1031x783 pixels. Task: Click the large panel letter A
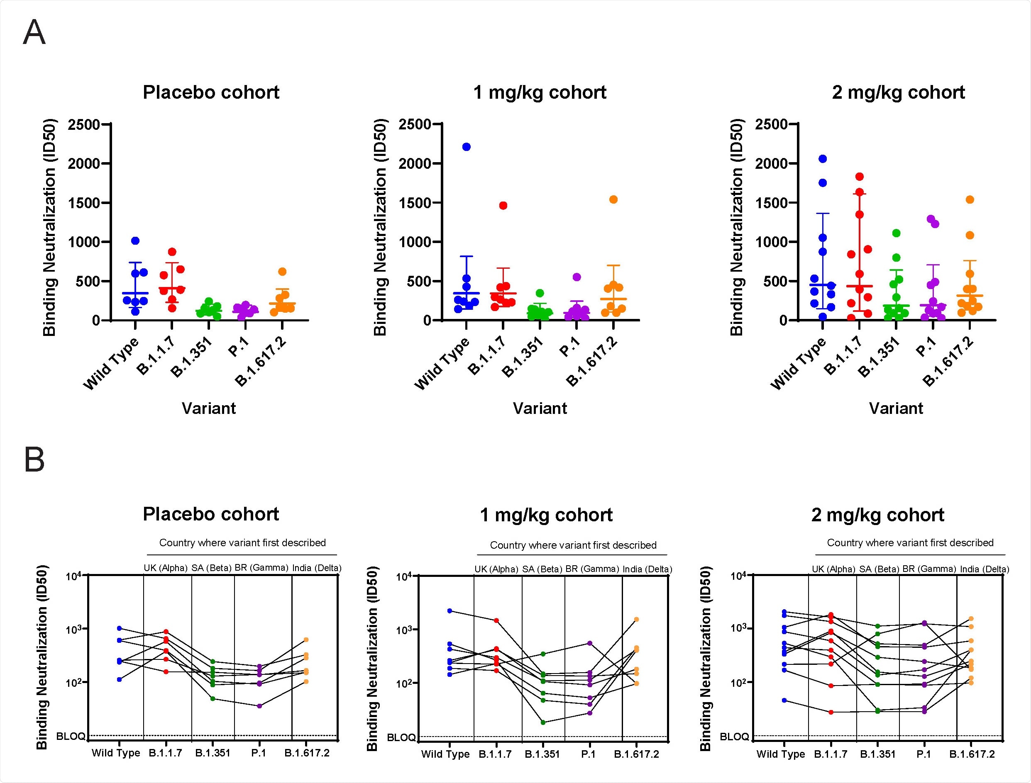[x=34, y=33]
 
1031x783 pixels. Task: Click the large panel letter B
[x=34, y=460]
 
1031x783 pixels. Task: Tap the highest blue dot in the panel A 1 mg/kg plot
[x=466, y=147]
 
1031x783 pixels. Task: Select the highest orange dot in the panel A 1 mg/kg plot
[x=613, y=199]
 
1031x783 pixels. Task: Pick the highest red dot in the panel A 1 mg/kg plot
[x=503, y=206]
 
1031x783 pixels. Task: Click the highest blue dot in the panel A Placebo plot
[x=135, y=241]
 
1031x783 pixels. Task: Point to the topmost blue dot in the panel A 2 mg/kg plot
[x=823, y=159]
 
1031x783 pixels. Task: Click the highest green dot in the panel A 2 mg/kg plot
[x=896, y=233]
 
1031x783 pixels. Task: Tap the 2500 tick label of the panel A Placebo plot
[x=83, y=125]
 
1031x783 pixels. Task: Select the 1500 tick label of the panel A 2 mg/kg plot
[x=771, y=203]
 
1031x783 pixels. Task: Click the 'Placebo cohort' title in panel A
[x=211, y=92]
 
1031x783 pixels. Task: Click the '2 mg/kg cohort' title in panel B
[x=877, y=515]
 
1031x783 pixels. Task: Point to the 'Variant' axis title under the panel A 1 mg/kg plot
[x=540, y=408]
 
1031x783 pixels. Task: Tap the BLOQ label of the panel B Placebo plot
[x=70, y=737]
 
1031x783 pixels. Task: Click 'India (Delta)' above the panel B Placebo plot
[x=316, y=568]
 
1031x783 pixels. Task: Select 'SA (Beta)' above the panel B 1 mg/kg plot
[x=542, y=569]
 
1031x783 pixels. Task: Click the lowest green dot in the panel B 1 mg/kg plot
[x=543, y=722]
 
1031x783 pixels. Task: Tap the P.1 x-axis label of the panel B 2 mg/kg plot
[x=923, y=754]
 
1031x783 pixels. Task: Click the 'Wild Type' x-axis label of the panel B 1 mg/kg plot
[x=445, y=754]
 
